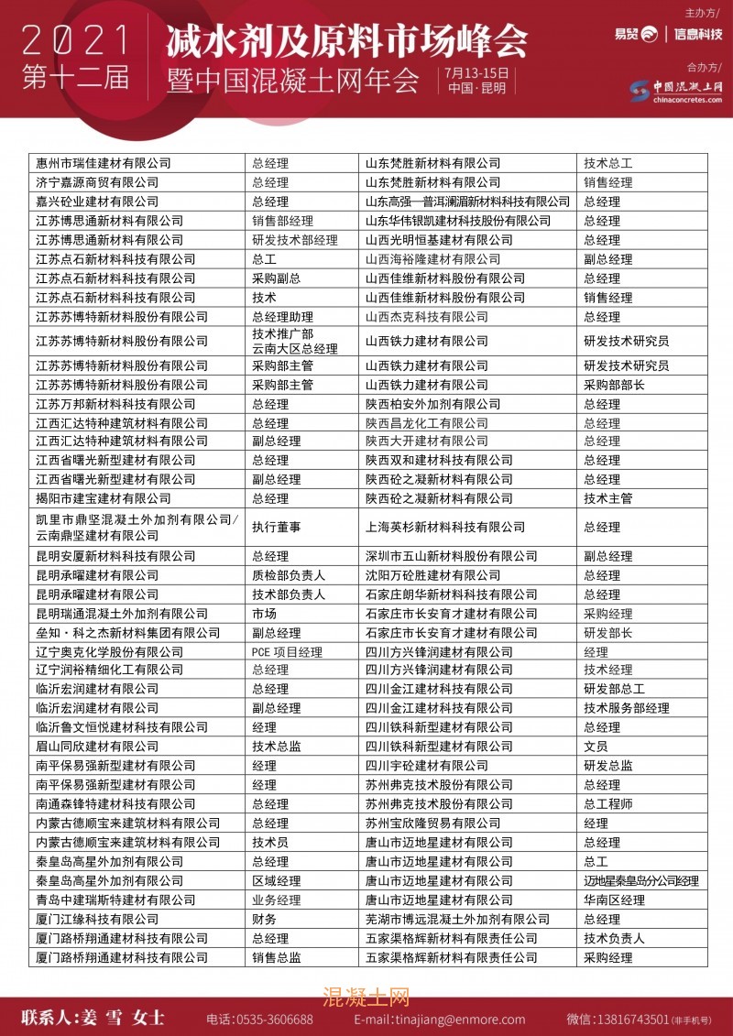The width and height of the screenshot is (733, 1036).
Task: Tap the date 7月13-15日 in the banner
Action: coord(476,72)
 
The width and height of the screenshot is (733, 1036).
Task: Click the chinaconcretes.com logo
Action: coord(676,90)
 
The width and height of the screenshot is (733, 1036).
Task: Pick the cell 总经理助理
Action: coord(282,317)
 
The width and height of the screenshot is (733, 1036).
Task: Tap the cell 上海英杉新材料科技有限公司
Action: coord(445,528)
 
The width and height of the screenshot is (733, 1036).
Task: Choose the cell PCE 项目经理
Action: coord(287,652)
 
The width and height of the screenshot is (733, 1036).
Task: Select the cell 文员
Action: coord(596,747)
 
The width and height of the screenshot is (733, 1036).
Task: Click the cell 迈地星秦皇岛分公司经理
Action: coord(641,881)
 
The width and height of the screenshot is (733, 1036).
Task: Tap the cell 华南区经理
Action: coord(614,900)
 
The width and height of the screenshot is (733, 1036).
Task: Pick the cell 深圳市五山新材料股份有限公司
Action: coord(451,556)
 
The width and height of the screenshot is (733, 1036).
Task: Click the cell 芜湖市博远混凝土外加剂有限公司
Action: coord(457,919)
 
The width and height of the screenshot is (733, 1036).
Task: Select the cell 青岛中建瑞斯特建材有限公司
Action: coord(115,900)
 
